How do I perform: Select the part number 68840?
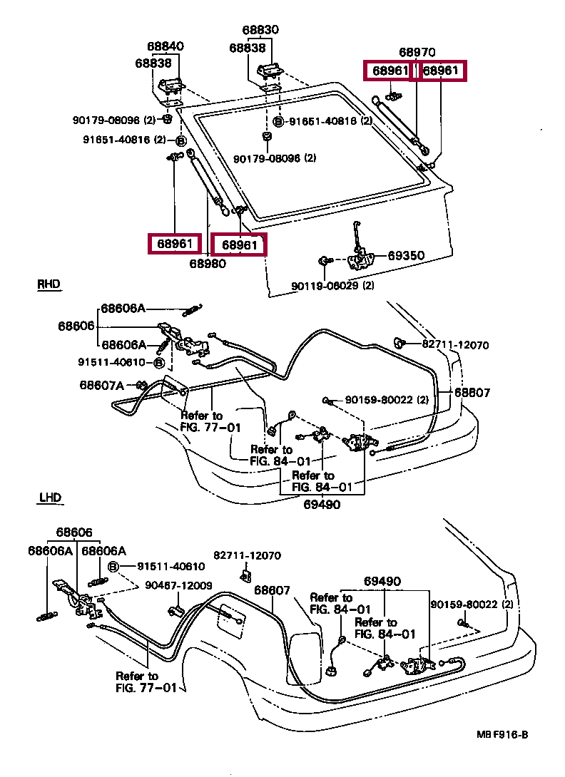click(166, 46)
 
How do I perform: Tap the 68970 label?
click(417, 52)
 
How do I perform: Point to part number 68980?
click(208, 264)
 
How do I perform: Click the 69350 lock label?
click(406, 255)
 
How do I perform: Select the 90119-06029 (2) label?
click(332, 286)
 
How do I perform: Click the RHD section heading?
click(48, 284)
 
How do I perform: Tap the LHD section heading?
click(49, 497)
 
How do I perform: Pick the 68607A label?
click(101, 386)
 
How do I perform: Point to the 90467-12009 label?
click(178, 585)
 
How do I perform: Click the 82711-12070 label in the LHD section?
click(248, 555)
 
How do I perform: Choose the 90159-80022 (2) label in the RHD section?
click(387, 401)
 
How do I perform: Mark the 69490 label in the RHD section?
click(321, 505)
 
